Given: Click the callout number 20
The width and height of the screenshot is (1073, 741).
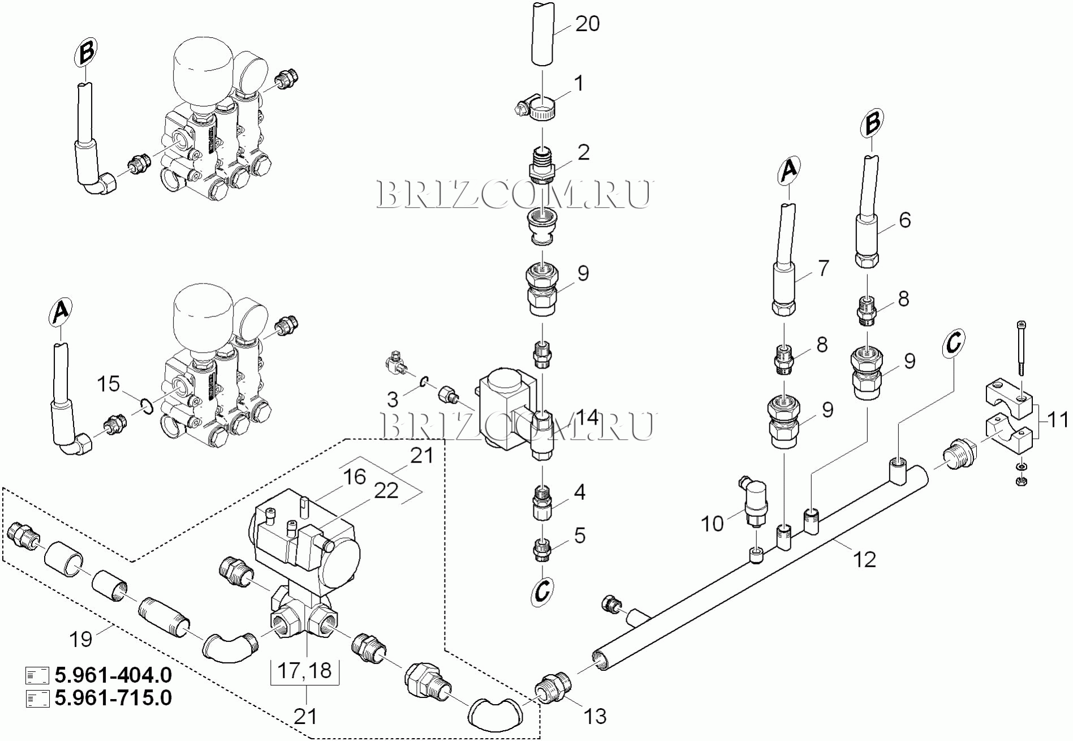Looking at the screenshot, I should tap(587, 24).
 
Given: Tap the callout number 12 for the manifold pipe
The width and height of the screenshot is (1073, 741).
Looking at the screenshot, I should tap(864, 559).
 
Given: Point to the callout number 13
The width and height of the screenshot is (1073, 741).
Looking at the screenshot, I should tap(594, 716).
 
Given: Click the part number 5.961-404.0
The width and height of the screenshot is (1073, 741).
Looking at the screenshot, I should tap(113, 675).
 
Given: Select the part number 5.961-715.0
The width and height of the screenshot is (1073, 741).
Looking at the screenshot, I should tap(113, 697).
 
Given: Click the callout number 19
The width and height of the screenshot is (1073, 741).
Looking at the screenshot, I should tap(80, 639).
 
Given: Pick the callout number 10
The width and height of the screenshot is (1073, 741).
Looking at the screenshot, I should tap(712, 524).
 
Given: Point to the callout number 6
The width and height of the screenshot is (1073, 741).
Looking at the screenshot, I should tap(904, 220).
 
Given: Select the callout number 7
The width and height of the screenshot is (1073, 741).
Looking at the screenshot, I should tap(822, 268).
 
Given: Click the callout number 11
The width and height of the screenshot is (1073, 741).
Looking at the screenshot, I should tap(1057, 420).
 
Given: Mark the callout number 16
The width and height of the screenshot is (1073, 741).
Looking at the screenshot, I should tap(355, 477).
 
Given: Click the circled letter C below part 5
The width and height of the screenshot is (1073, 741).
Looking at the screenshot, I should tap(542, 592).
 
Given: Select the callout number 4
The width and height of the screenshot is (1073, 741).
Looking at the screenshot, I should tap(579, 492).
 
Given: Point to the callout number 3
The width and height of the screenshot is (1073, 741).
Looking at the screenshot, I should tap(393, 400).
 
